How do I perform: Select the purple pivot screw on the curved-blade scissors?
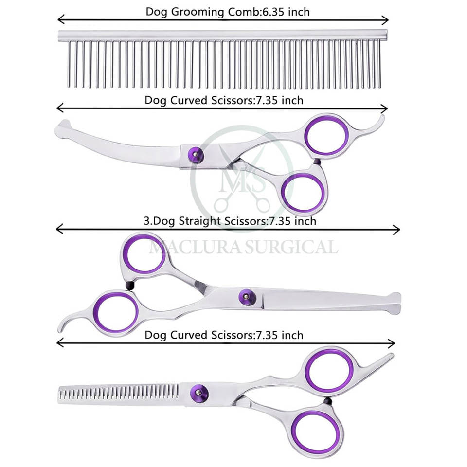click(196, 156)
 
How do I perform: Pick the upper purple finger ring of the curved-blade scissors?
click(326, 134)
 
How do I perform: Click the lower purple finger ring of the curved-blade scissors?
click(303, 192)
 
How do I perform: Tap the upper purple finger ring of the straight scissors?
click(144, 254)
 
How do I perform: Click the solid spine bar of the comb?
click(223, 35)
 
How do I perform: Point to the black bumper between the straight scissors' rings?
click(129, 286)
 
